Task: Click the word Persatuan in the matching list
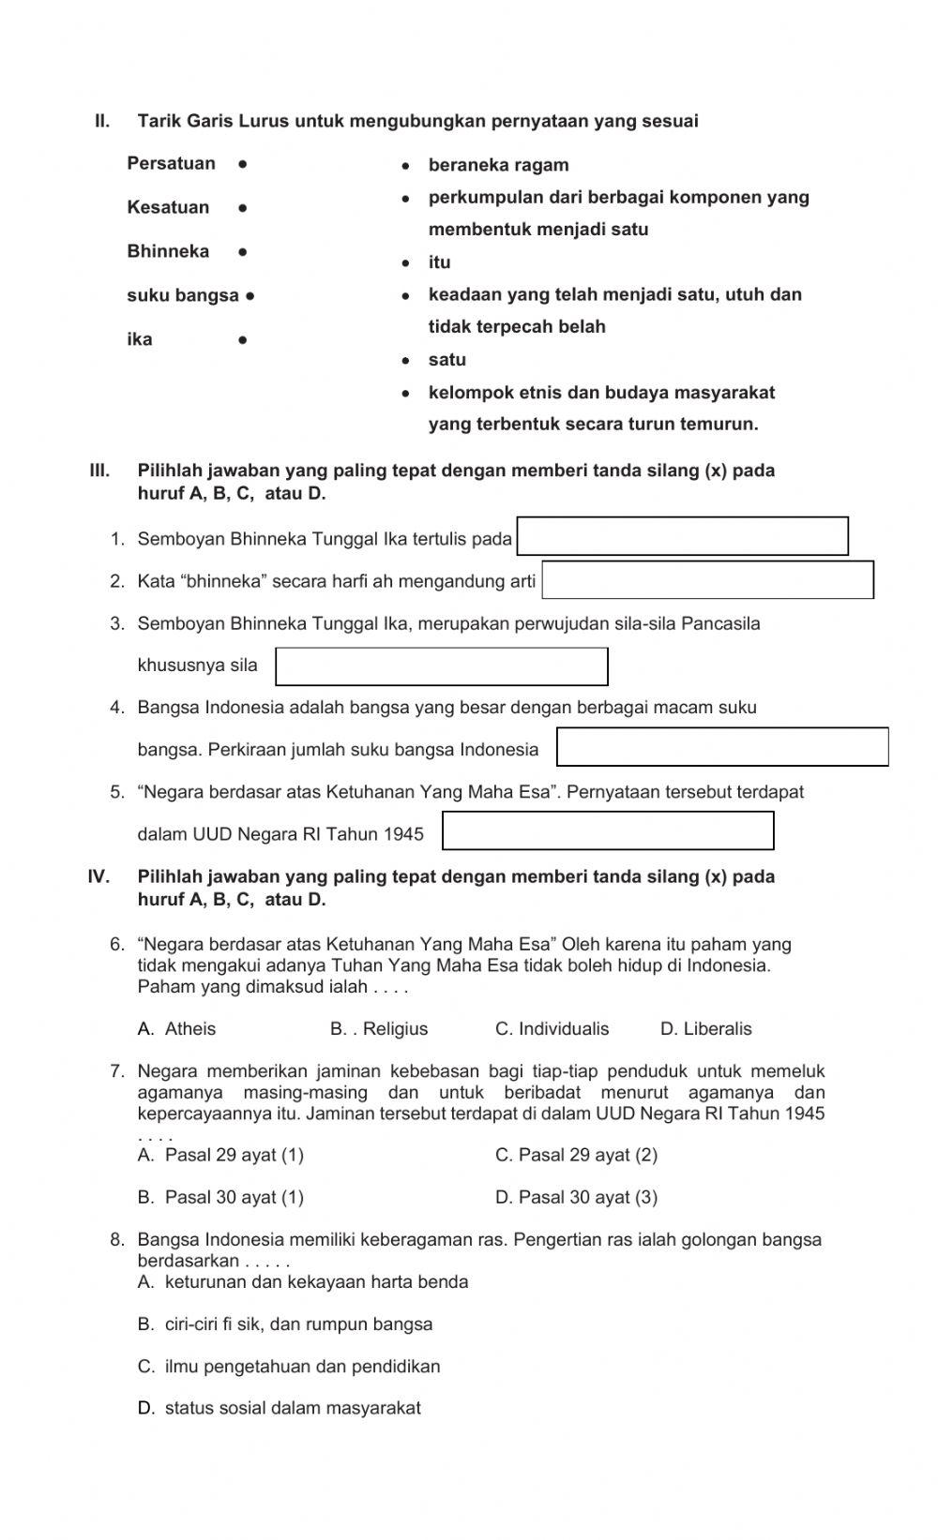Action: [x=171, y=164]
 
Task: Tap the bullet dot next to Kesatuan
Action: [x=242, y=208]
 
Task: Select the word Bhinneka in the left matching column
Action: [x=168, y=251]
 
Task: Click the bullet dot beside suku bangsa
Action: [x=250, y=296]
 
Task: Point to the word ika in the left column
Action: [x=140, y=339]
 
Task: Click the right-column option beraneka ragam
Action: [x=498, y=166]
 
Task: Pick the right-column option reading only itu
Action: [x=439, y=262]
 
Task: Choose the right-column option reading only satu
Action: [x=446, y=360]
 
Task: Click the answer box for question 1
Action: [x=682, y=536]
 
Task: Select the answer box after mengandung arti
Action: [x=707, y=580]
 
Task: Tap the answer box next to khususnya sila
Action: [x=441, y=666]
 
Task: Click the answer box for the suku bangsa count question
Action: [x=722, y=747]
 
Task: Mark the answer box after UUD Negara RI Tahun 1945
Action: [x=608, y=831]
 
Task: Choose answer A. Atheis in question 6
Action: [x=177, y=1029]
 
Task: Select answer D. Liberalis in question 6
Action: [x=705, y=1029]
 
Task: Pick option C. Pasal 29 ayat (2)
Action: [x=576, y=1155]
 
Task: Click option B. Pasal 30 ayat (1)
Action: [x=221, y=1197]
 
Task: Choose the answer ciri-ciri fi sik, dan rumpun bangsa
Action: [x=286, y=1324]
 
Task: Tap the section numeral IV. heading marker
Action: [x=98, y=877]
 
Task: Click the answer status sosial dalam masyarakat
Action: [x=280, y=1408]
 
